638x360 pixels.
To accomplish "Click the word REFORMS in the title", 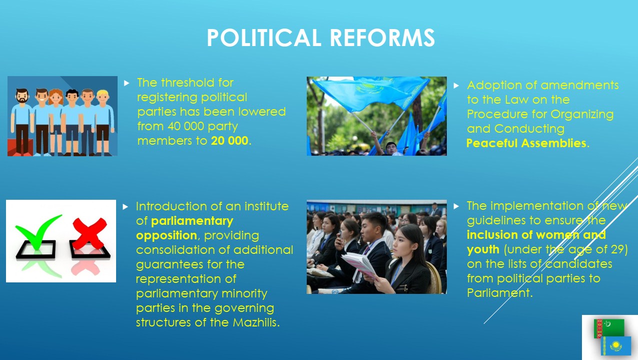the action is click(382, 38).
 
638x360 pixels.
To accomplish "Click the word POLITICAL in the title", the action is click(264, 38).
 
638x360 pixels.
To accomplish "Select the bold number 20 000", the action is click(230, 141).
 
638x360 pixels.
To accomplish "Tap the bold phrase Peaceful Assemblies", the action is click(526, 143).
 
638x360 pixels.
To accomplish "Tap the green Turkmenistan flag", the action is click(609, 328).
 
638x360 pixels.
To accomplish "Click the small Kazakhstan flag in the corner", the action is click(616, 346).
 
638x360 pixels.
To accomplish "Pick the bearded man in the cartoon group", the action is click(22, 122).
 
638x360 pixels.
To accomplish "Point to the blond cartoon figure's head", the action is click(103, 97).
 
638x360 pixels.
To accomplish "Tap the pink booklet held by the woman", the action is click(359, 264).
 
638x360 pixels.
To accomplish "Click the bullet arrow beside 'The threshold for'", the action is click(127, 83).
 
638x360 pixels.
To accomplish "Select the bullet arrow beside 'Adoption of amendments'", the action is click(456, 86).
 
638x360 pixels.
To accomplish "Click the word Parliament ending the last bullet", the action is click(498, 293).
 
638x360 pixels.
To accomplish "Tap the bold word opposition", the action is click(166, 236).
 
